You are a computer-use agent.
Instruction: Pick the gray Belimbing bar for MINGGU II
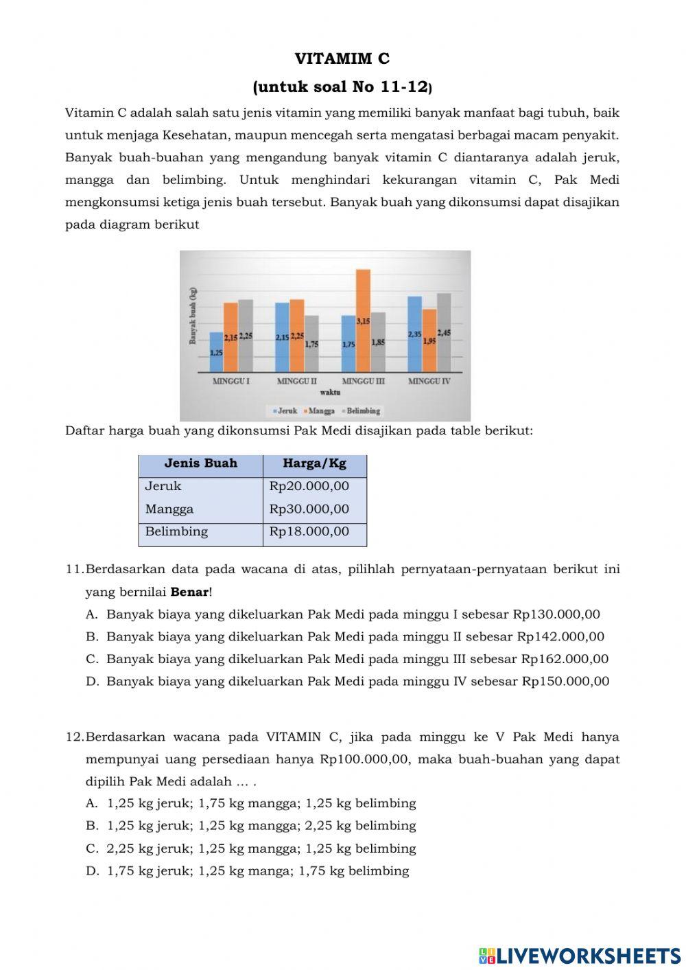tap(311, 343)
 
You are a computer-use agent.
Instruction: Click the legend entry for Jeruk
tap(285, 411)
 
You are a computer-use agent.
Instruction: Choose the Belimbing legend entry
tap(361, 411)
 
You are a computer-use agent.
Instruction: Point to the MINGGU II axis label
tap(296, 381)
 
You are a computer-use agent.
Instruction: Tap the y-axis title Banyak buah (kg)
tap(193, 316)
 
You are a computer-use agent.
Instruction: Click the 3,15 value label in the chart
tap(363, 321)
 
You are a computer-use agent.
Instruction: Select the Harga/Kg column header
tap(314, 463)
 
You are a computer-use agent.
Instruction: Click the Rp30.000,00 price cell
tap(309, 509)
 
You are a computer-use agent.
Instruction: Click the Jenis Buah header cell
tap(200, 463)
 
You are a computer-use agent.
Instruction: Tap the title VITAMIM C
tap(342, 58)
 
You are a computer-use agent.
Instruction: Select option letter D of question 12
tap(93, 870)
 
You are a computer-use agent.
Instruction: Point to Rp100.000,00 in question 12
tap(364, 759)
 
